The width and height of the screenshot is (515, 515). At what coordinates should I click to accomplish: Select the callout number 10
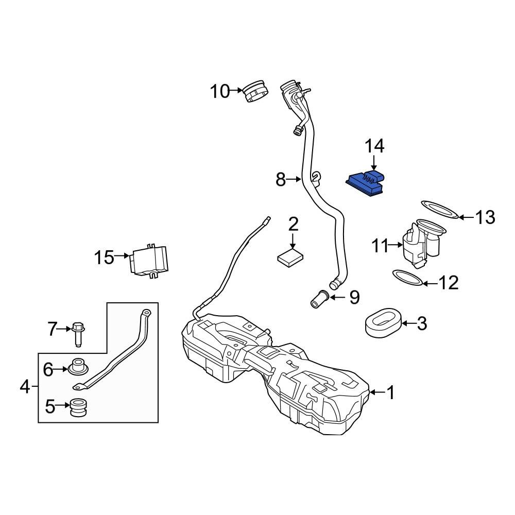click(219, 92)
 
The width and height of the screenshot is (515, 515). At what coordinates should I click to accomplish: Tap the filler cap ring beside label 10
click(255, 92)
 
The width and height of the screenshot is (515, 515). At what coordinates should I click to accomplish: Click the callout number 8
click(281, 180)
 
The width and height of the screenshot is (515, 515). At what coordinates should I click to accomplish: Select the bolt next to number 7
click(78, 333)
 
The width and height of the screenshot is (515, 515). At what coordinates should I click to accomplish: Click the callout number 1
click(391, 393)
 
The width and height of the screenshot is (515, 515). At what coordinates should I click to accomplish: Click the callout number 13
click(485, 217)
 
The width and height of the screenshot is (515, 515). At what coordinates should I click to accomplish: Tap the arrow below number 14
click(374, 163)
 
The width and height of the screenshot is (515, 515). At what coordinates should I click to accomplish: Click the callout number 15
click(104, 256)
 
